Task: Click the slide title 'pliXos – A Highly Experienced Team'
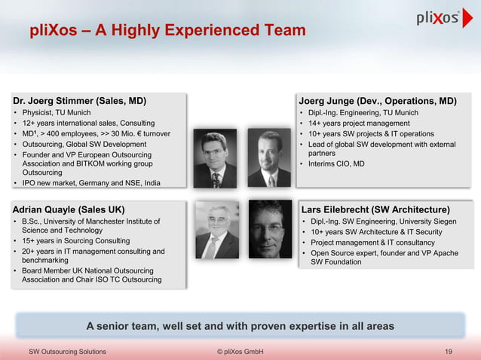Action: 167,31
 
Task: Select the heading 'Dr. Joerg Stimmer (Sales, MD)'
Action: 80,100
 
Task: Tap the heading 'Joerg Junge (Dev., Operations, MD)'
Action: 378,100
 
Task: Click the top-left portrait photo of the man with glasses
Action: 215,159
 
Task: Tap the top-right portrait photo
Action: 269,159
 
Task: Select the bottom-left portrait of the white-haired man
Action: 217,229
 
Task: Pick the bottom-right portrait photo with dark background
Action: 270,229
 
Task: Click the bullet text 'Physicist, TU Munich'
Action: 57,113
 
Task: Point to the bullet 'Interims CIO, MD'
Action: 336,163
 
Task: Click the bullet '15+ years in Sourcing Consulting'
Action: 75,241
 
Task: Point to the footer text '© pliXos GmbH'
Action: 240,351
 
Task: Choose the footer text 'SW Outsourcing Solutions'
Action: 67,351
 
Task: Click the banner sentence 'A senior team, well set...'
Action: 240,326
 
